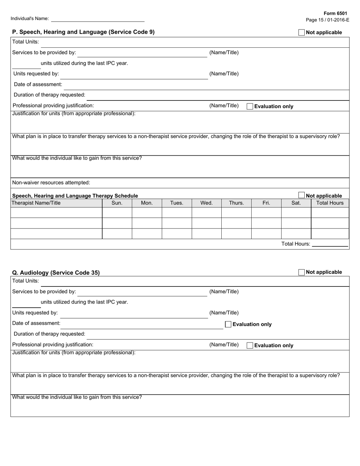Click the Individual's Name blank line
click(98, 19)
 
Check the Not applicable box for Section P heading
click(302, 33)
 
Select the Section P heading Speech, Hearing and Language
click(83, 32)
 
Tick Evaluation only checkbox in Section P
click(250, 106)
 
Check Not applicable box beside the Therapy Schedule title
click(302, 195)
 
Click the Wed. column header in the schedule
click(207, 203)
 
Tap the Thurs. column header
click(236, 203)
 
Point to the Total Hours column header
click(330, 203)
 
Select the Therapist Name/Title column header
click(36, 203)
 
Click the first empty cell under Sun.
click(117, 213)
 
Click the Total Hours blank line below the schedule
click(330, 244)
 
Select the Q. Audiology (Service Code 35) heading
click(56, 273)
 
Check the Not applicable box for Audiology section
click(302, 272)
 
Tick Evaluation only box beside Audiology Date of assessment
click(228, 324)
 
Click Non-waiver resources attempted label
click(51, 183)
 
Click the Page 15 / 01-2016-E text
click(327, 20)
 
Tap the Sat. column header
click(296, 203)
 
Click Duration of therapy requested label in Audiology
click(50, 334)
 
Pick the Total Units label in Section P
click(26, 42)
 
